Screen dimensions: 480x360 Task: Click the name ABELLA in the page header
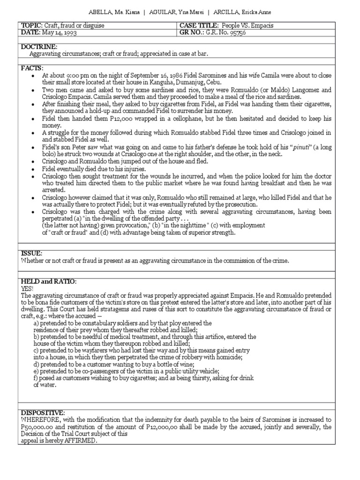(x=100, y=12)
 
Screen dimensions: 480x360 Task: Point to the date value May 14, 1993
(x=60, y=32)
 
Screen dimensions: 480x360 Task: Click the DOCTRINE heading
(x=39, y=47)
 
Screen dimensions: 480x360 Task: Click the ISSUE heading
(x=31, y=253)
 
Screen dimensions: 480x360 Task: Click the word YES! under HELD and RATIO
(x=27, y=288)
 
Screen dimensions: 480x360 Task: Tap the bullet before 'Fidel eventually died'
(x=32, y=169)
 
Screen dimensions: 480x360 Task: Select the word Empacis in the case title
(x=263, y=25)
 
